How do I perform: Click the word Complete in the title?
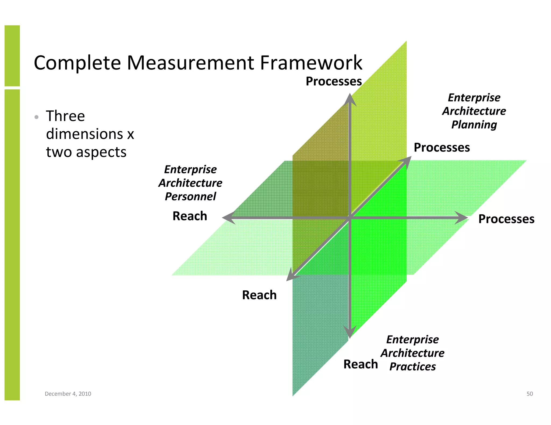pyautogui.click(x=77, y=63)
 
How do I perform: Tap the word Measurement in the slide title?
pyautogui.click(x=190, y=63)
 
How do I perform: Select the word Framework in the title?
pyautogui.click(x=311, y=63)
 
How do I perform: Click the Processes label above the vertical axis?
pyautogui.click(x=334, y=81)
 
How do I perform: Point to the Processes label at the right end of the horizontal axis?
pyautogui.click(x=506, y=219)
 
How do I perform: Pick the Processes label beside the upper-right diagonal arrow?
pyautogui.click(x=441, y=147)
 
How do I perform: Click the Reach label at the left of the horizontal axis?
pyautogui.click(x=190, y=216)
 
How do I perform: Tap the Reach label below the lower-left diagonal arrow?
pyautogui.click(x=259, y=295)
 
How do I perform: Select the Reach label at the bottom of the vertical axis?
pyautogui.click(x=361, y=364)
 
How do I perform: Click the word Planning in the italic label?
pyautogui.click(x=474, y=125)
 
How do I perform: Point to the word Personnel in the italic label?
pyautogui.click(x=190, y=196)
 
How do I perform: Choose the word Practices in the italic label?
pyautogui.click(x=412, y=366)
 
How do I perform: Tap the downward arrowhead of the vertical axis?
pyautogui.click(x=349, y=332)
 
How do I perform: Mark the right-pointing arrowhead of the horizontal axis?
pyautogui.click(x=462, y=217)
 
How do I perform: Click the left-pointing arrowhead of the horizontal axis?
pyautogui.click(x=228, y=217)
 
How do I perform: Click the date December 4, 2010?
pyautogui.click(x=68, y=394)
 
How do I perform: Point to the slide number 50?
pyautogui.click(x=529, y=394)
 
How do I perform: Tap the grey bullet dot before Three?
pyautogui.click(x=37, y=117)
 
